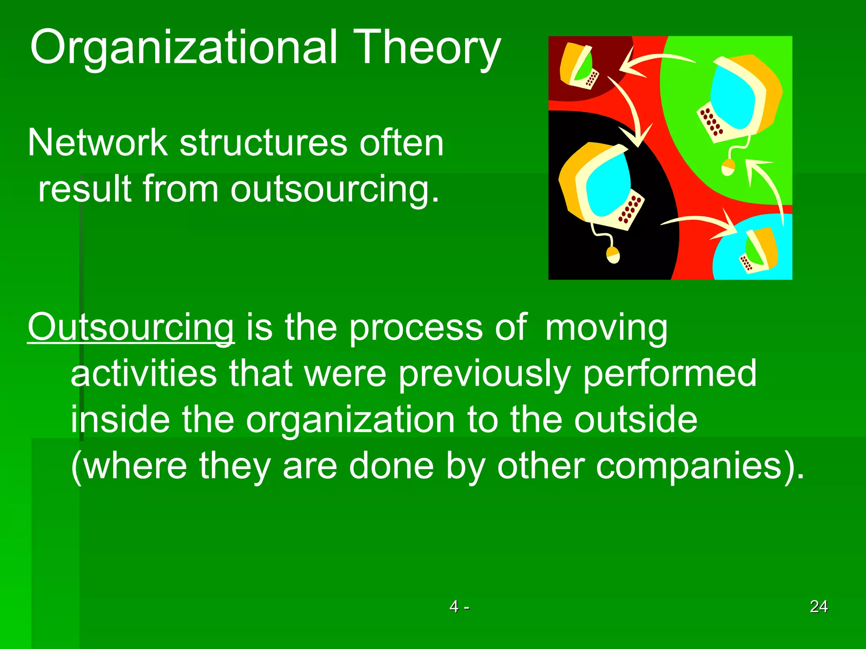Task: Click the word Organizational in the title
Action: point(184,47)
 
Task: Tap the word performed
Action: point(670,374)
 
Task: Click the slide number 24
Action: point(819,606)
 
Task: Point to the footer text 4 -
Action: point(459,606)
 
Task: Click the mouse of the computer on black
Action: point(613,255)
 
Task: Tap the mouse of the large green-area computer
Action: point(728,167)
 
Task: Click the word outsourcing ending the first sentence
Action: point(334,189)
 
